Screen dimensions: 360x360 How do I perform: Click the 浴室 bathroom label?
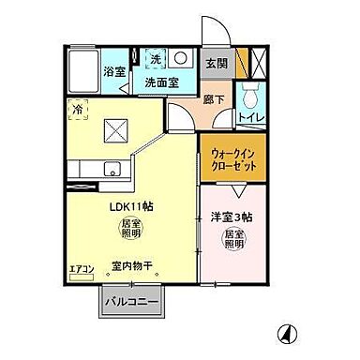pos(141,70)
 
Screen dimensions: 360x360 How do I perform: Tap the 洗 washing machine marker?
pos(157,60)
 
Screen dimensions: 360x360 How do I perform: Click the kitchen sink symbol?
pos(110,171)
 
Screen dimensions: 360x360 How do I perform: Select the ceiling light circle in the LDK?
pos(127,232)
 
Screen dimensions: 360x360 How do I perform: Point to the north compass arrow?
pos(286,333)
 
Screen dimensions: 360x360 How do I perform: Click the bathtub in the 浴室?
pos(97,70)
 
